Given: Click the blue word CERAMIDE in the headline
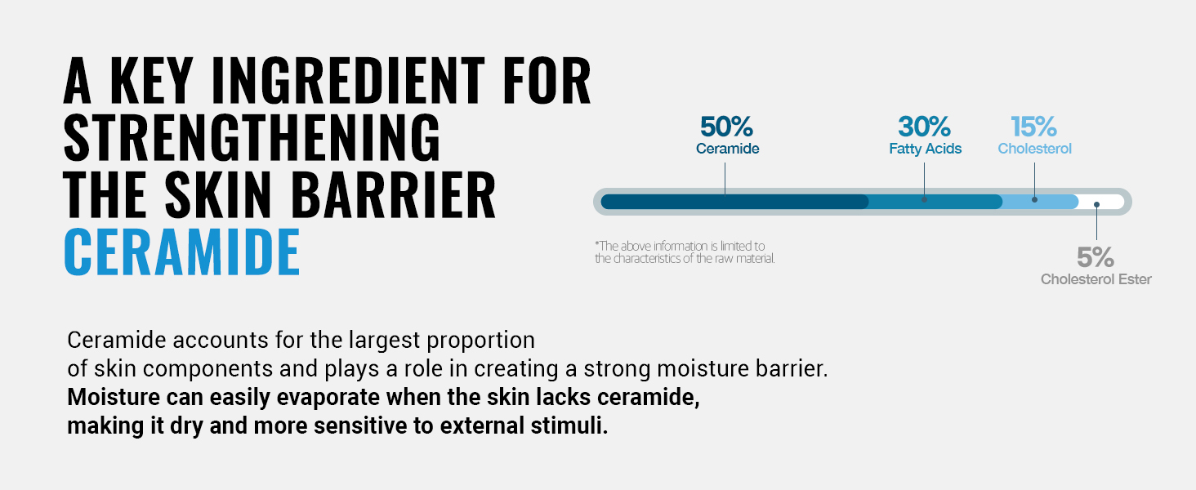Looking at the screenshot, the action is tap(182, 252).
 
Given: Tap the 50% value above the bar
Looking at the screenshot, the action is tap(726, 127).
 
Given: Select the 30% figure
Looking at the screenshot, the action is tap(924, 127).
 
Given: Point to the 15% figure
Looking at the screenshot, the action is tap(1033, 127).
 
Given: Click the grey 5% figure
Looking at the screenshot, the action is tap(1095, 257).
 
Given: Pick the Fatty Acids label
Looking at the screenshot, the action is tap(926, 149).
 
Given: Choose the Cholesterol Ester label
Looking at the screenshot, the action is tap(1096, 279).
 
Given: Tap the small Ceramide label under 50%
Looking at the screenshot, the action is tap(727, 149).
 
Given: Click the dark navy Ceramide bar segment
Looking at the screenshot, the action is tap(734, 202).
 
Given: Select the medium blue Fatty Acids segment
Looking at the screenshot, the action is tap(935, 202).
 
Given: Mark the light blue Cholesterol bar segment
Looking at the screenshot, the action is tap(1040, 202).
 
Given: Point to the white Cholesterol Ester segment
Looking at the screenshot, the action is tap(1101, 202).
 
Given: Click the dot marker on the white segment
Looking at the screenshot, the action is tap(1096, 204).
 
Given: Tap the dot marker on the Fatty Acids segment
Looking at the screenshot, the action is tap(924, 199).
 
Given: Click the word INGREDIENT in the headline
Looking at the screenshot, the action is tap(348, 80).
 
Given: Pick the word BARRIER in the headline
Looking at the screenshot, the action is tap(394, 194).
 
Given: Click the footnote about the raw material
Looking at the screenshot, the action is tap(685, 252).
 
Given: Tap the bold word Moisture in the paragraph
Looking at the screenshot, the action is tap(114, 397).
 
